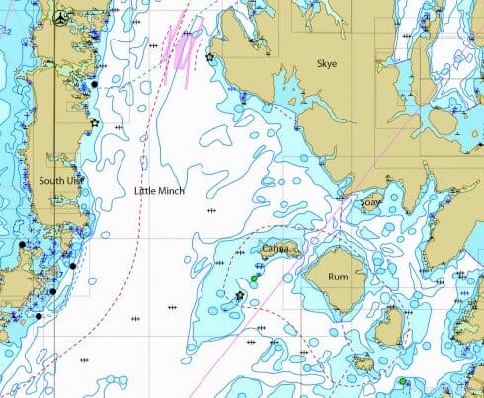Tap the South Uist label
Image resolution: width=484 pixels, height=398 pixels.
[x=58, y=181]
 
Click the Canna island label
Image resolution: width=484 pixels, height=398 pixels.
[x=276, y=249]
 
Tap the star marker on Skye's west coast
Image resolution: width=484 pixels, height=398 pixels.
[x=209, y=58]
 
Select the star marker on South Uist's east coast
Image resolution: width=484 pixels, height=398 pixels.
[x=94, y=123]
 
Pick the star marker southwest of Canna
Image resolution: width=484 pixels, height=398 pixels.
[x=239, y=295]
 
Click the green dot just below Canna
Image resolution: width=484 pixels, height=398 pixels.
[x=254, y=279]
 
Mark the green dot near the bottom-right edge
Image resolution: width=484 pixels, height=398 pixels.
[x=403, y=382]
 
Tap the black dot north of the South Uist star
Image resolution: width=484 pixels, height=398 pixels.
[x=94, y=85]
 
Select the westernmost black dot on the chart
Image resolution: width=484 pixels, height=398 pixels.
[x=21, y=244]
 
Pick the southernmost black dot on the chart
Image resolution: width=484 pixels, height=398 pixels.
[x=39, y=317]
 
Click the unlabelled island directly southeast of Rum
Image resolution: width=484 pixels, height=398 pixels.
[x=391, y=326]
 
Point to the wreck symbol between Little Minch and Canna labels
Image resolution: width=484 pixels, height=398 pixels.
[x=210, y=211]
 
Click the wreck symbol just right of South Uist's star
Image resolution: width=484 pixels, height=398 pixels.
[x=119, y=128]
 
